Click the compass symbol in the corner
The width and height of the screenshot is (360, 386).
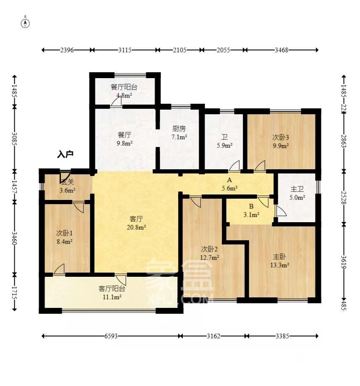(26, 22)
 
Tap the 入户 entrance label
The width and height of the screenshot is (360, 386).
(65, 155)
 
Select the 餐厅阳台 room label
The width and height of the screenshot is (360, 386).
(124, 87)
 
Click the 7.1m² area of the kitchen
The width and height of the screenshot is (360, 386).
(179, 137)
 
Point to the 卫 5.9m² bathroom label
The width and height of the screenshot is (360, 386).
(224, 141)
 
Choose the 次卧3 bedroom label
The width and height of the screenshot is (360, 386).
(281, 137)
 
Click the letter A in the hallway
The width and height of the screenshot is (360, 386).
(229, 180)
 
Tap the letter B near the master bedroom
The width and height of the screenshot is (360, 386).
(251, 206)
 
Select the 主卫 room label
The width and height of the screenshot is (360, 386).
(297, 189)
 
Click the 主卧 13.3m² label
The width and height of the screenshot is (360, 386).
(279, 261)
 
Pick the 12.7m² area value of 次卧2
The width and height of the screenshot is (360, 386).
(210, 258)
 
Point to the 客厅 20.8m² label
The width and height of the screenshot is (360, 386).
(136, 223)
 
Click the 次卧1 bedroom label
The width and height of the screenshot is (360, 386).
(64, 233)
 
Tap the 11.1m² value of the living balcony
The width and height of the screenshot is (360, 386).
(112, 297)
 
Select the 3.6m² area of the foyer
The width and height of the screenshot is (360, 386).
(67, 190)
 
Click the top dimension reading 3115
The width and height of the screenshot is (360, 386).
(125, 50)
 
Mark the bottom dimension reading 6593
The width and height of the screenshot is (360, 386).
(111, 336)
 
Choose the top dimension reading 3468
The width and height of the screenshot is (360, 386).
(281, 50)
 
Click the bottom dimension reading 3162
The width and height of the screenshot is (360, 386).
(213, 336)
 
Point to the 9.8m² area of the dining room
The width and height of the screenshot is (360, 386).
(125, 143)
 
